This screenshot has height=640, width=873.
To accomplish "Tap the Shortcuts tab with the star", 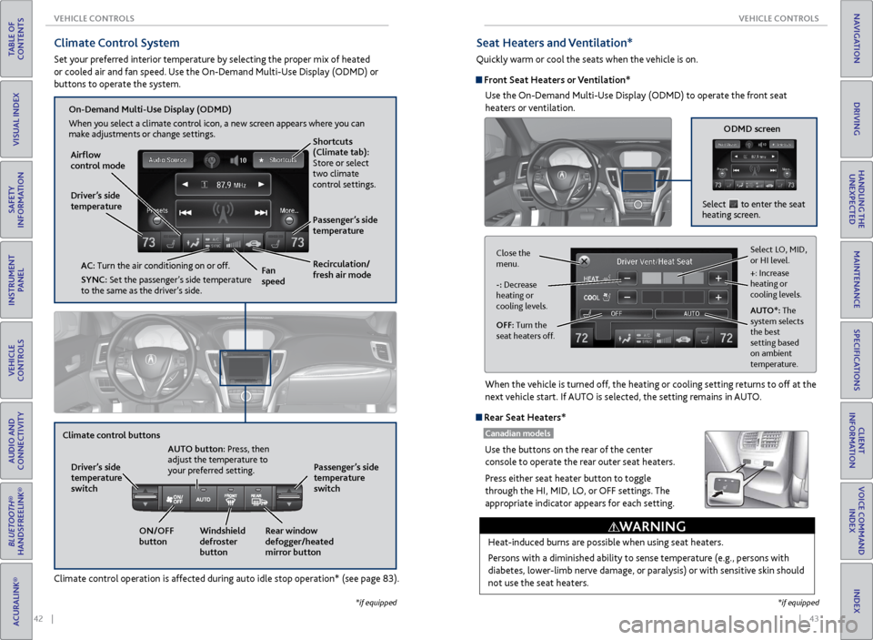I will pyautogui.click(x=277, y=159).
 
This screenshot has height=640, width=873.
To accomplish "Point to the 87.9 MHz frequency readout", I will pyautogui.click(x=224, y=184).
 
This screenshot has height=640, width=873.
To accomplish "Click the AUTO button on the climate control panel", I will pyautogui.click(x=204, y=499).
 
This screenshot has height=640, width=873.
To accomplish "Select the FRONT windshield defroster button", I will pyautogui.click(x=232, y=499).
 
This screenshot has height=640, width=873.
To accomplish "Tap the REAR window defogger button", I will pyautogui.click(x=258, y=499).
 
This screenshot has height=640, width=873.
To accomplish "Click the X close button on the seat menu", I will pyautogui.click(x=584, y=260).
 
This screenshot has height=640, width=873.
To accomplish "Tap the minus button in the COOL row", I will pyautogui.click(x=627, y=297).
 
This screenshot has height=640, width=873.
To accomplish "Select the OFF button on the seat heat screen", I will pyautogui.click(x=617, y=313).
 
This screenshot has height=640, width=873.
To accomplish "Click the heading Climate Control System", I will pyautogui.click(x=116, y=43).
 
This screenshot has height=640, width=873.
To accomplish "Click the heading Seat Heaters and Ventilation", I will pyautogui.click(x=555, y=43).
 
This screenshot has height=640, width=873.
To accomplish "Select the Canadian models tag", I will pyautogui.click(x=517, y=433).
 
